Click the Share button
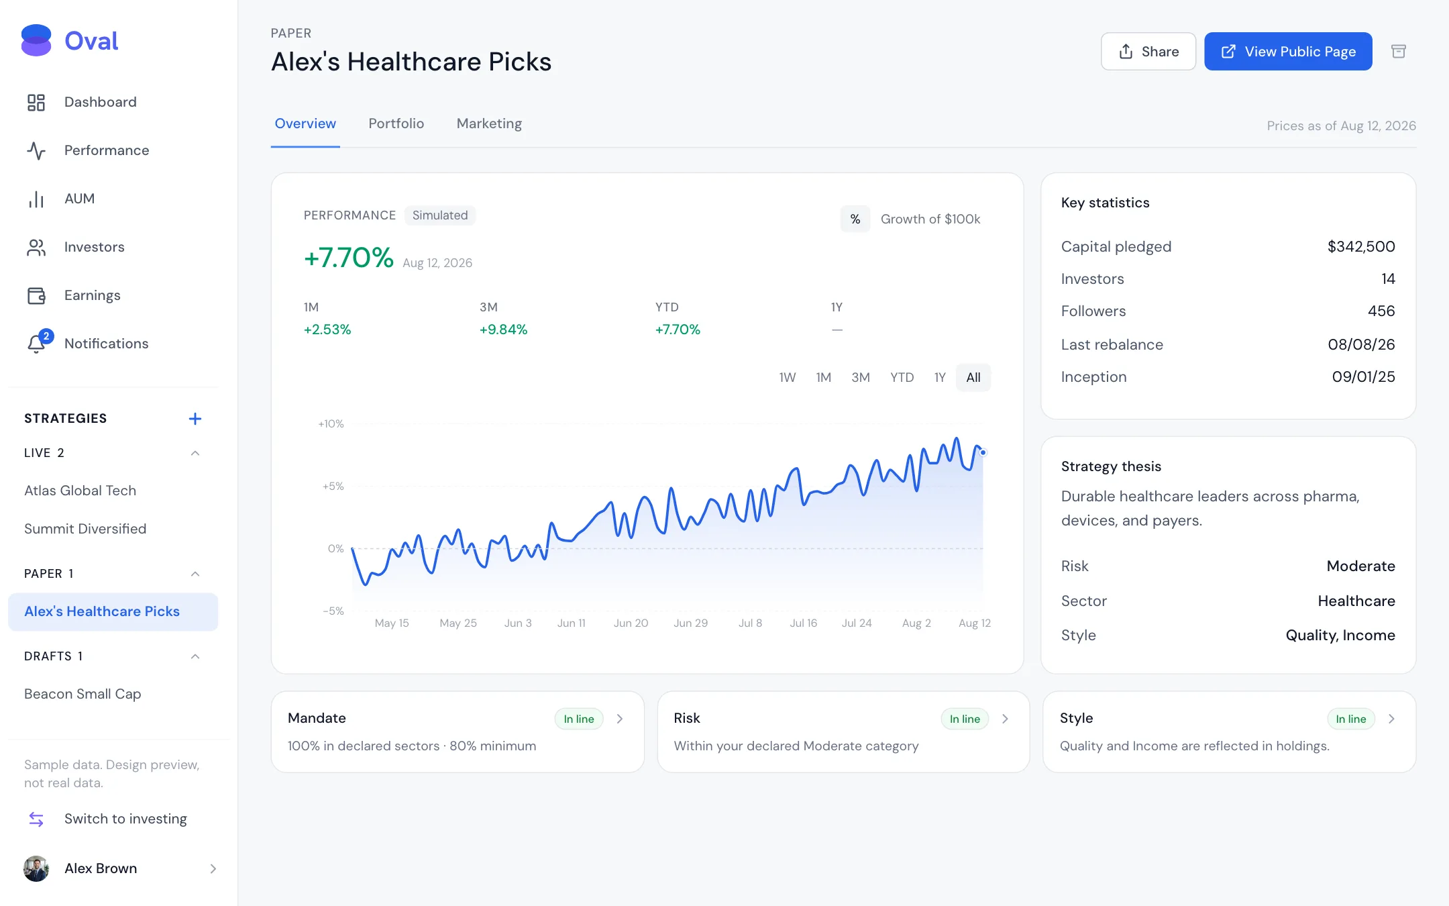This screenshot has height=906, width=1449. click(1148, 52)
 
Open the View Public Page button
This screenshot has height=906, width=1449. click(1288, 52)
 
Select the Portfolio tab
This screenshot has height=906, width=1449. click(396, 123)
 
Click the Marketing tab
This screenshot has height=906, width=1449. click(489, 123)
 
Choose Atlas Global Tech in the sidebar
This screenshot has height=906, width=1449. click(80, 491)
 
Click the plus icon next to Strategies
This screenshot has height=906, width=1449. click(195, 419)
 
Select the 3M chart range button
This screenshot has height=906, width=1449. click(861, 377)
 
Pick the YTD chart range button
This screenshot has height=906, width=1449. click(902, 377)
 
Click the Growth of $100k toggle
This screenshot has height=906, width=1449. click(930, 219)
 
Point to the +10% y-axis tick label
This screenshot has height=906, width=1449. click(331, 424)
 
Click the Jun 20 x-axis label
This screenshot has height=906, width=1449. click(631, 623)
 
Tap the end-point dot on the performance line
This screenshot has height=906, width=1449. click(983, 453)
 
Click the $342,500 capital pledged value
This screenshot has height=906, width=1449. click(1361, 246)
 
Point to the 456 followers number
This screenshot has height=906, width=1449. click(1381, 311)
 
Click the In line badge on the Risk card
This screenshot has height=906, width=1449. click(965, 719)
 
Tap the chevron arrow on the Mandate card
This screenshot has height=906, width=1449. click(620, 719)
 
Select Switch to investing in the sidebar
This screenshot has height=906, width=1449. click(125, 819)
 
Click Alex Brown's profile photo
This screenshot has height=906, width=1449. click(36, 868)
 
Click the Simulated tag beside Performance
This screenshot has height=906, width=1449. click(440, 215)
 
